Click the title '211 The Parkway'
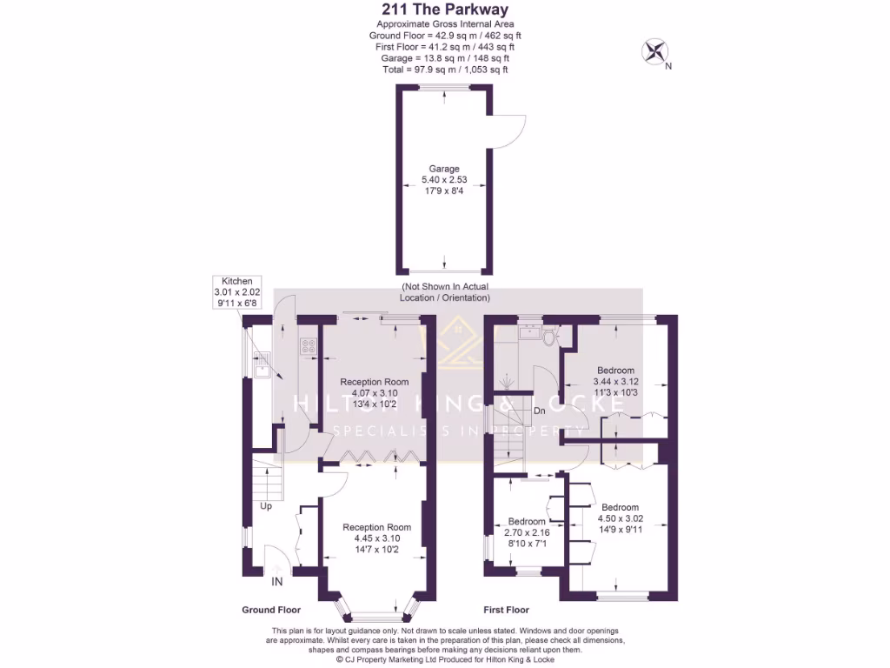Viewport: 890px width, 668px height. click(444, 10)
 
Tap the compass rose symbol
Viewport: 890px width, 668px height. click(654, 52)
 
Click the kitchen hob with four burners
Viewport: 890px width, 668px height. click(308, 346)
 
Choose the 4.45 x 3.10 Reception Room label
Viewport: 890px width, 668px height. click(375, 538)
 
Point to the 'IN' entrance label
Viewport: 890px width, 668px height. click(276, 581)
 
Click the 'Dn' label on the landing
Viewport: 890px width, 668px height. click(539, 411)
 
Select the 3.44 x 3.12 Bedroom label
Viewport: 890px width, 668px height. click(615, 381)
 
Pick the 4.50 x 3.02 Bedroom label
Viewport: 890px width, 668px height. click(619, 518)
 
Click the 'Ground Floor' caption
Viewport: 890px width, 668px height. click(270, 610)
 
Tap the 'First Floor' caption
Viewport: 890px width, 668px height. click(506, 610)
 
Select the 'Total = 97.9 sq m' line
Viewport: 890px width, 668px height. click(444, 69)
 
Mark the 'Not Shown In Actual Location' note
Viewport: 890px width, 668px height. click(444, 291)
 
